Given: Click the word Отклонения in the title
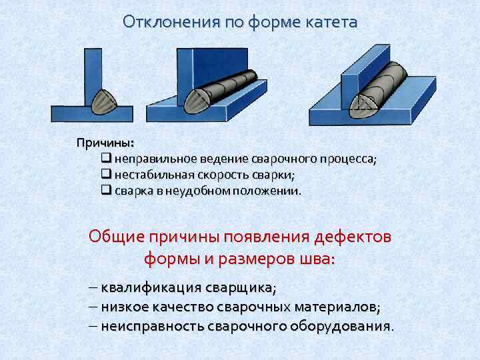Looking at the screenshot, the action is (171, 22).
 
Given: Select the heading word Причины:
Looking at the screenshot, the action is (105, 143).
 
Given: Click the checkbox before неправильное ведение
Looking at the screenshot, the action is (106, 157).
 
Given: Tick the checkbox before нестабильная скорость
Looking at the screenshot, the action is (106, 173).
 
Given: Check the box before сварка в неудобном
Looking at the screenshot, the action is (106, 190).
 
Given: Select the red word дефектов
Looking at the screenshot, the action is (353, 237).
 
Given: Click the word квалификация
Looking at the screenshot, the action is (151, 289).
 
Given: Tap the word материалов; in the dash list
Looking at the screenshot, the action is (337, 307).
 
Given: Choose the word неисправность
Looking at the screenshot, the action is (153, 326).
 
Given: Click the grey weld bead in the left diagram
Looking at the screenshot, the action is (104, 102).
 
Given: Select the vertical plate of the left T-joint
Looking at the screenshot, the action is (93, 77).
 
